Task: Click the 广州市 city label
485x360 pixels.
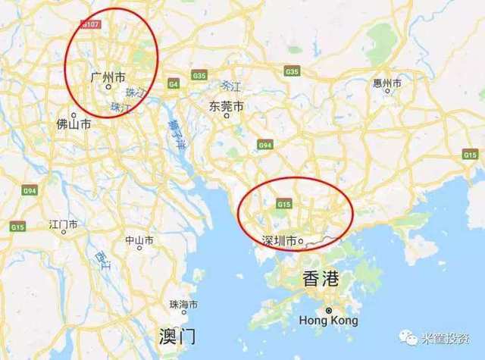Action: click(108, 77)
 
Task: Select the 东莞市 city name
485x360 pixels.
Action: click(227, 107)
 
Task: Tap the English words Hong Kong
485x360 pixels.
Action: click(329, 321)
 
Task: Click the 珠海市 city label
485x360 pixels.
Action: click(184, 304)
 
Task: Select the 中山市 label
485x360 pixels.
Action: click(139, 240)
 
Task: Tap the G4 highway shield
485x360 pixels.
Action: click(174, 83)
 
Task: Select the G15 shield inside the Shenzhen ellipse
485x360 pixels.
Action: click(285, 204)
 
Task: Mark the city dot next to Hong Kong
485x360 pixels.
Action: click(329, 310)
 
